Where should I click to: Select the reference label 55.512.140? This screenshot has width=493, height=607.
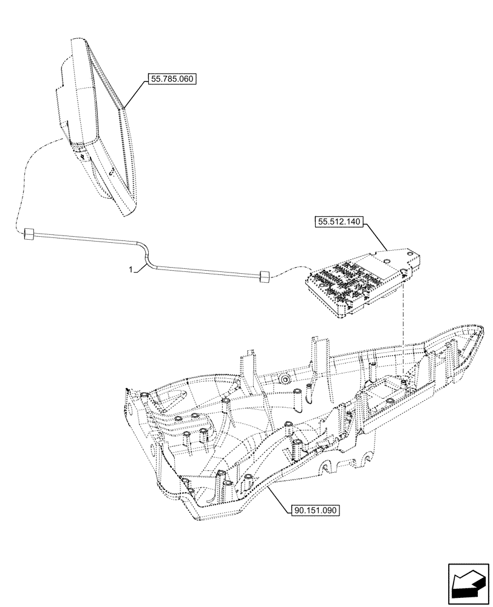(x=338, y=222)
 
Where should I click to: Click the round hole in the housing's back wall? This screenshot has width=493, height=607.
(x=284, y=379)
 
